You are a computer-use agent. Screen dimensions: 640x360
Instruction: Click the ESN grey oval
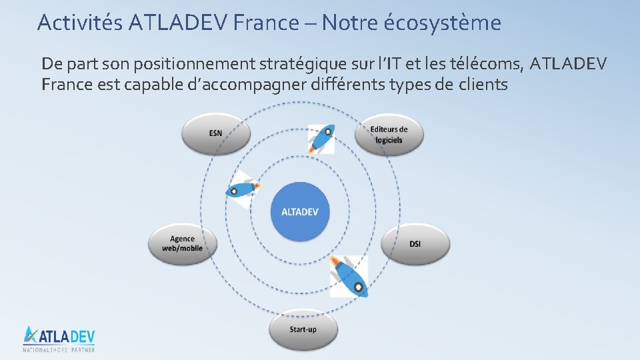[215, 133]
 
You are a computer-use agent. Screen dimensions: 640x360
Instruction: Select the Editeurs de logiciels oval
[389, 134]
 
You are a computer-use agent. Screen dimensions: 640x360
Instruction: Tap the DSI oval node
[415, 244]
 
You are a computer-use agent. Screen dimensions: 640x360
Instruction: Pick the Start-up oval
[303, 329]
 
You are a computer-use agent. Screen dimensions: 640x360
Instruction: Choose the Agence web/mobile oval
[182, 243]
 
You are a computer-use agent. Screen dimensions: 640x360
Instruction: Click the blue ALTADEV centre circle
[300, 212]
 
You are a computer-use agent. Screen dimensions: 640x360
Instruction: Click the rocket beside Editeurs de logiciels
[321, 139]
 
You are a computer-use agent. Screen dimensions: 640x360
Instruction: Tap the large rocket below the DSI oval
[349, 275]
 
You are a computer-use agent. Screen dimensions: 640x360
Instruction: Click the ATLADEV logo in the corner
[59, 335]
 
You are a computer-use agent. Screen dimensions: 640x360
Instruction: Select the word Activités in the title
[79, 23]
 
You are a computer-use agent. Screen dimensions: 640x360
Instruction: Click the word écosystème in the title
[442, 23]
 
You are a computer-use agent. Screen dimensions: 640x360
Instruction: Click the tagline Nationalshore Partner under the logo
[59, 349]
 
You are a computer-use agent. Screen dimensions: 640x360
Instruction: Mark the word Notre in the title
[351, 23]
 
